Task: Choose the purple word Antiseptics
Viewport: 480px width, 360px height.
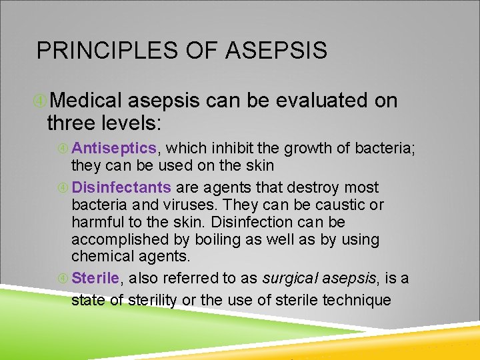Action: point(114,148)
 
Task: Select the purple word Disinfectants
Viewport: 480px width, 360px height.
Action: point(121,188)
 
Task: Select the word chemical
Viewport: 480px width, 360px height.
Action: point(99,257)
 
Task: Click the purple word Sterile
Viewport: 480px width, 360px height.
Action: point(95,278)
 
